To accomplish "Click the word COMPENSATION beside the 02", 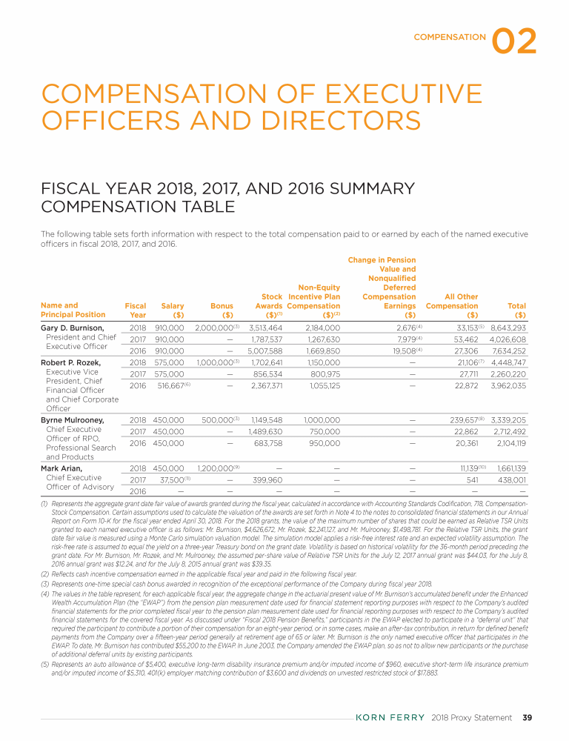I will tap(450, 36).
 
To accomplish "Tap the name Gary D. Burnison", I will tap(72, 327).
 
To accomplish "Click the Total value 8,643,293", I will tap(508, 327).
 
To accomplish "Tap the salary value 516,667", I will tap(167, 385).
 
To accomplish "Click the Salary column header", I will tap(173, 305).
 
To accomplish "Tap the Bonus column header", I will tap(222, 305).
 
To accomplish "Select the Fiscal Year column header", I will tap(136, 310).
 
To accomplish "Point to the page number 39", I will tap(528, 717).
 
